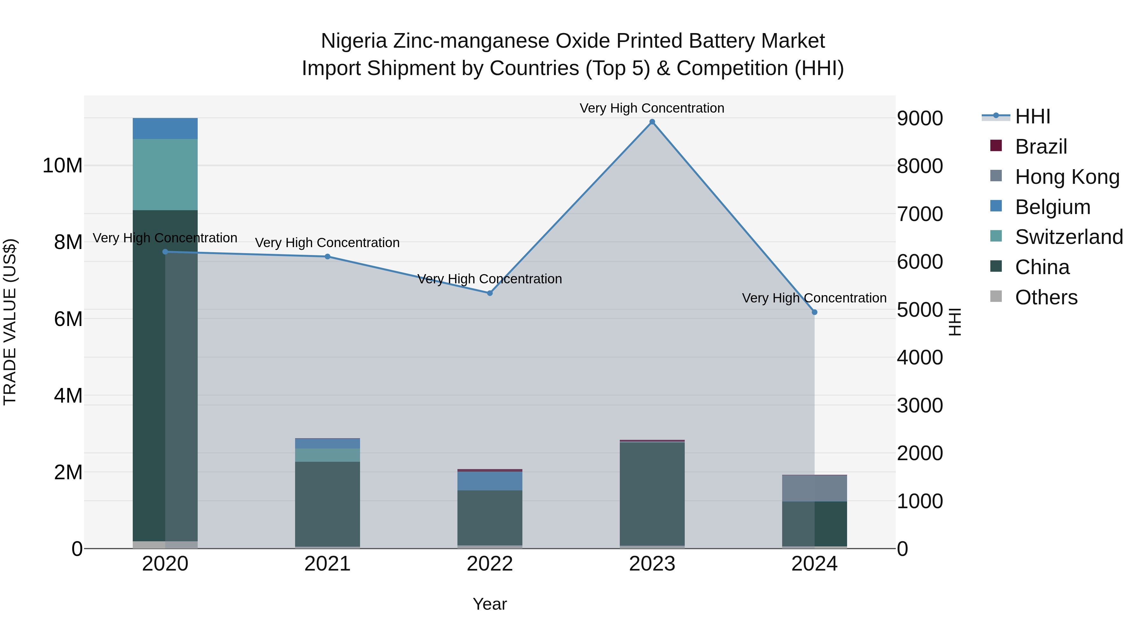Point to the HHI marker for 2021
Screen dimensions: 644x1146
coord(328,256)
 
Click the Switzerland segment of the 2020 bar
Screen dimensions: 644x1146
coord(165,174)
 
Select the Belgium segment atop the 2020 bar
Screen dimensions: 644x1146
coord(165,128)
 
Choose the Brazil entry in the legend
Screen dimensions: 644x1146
coord(1041,147)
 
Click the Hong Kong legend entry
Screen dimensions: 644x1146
coord(1067,177)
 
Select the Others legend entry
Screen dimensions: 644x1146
coord(1046,297)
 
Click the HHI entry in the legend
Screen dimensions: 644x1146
coord(1032,116)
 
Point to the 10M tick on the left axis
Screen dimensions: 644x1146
coord(62,166)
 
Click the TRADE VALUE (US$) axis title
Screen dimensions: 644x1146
coord(10,322)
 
